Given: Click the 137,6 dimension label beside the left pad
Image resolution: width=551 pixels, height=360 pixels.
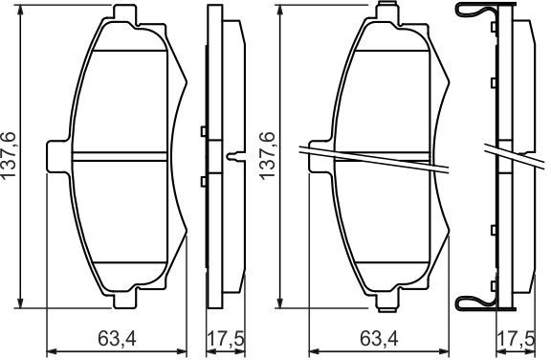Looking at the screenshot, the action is pos(10,155).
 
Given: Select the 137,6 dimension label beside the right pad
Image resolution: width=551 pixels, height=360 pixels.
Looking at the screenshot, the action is pos(267,155).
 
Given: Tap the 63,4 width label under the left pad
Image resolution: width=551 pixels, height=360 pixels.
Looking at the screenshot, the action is pos(117,339).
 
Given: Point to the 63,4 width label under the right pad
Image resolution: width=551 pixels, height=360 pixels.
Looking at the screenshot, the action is pos(379,339).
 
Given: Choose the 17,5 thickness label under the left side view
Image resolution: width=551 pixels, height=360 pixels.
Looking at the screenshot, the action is pos(226,339).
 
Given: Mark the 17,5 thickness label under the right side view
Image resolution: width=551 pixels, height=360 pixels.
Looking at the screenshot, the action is pos(517,339).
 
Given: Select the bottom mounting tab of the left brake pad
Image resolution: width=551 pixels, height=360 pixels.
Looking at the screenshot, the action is pos(124,298).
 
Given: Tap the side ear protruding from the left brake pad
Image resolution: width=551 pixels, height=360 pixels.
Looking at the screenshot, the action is pos(57,156).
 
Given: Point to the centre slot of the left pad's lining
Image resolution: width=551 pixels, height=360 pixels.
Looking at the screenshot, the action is pos(120,157).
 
